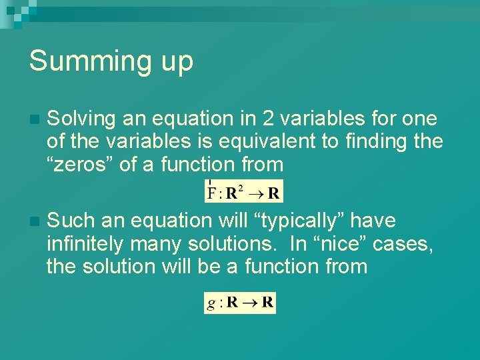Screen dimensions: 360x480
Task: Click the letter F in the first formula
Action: click(x=212, y=194)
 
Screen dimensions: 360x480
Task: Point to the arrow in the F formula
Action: click(x=255, y=194)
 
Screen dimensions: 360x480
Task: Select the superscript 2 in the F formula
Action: click(x=241, y=189)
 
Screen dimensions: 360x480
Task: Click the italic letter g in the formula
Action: click(x=211, y=304)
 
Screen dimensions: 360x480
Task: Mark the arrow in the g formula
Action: click(x=250, y=303)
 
